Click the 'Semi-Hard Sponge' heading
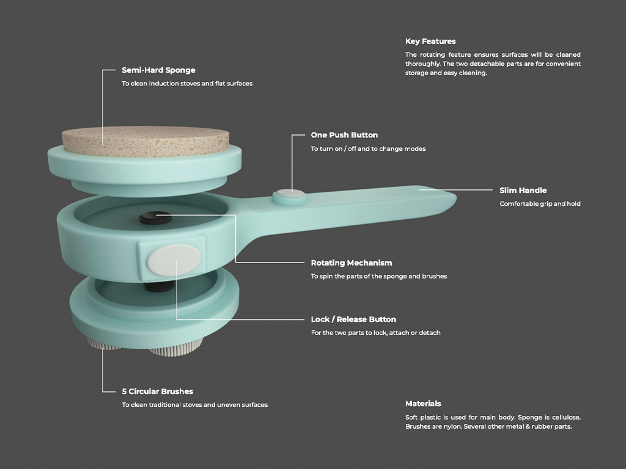(158, 70)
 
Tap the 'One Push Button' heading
(344, 135)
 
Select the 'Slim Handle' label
(523, 191)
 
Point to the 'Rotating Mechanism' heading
(351, 263)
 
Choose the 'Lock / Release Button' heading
(353, 319)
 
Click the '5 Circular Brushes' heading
(157, 391)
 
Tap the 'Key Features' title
(430, 42)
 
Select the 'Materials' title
(423, 404)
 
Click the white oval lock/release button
(173, 259)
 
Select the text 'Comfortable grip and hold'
(540, 204)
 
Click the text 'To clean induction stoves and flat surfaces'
(187, 84)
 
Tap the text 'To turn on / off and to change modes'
(368, 149)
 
